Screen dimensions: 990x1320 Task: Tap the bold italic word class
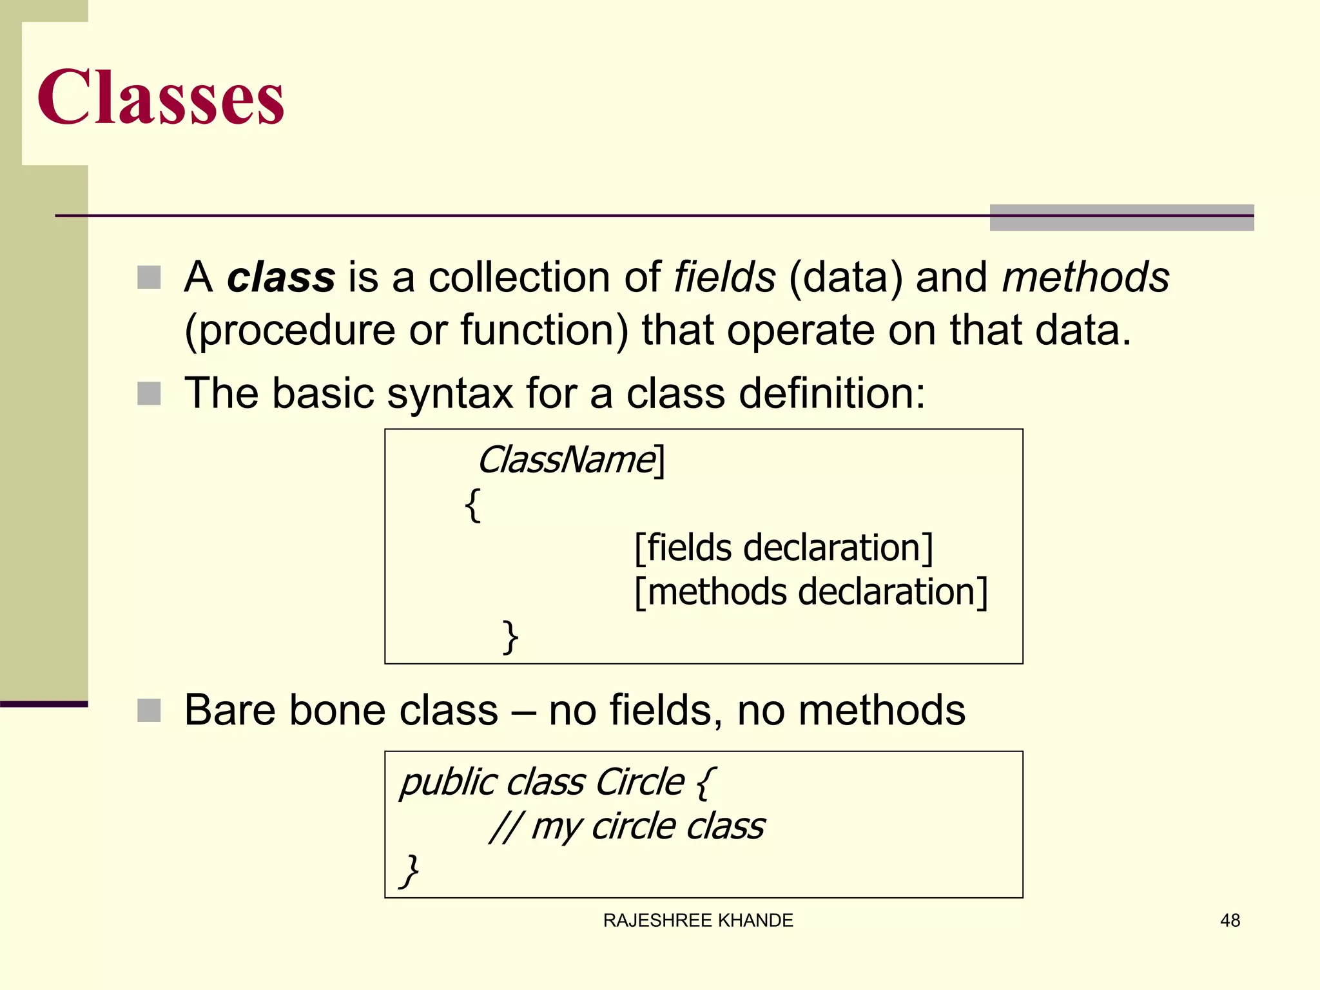coord(281,277)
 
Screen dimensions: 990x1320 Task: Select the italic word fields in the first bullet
coord(724,277)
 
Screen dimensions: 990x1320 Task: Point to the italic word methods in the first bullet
coord(1085,277)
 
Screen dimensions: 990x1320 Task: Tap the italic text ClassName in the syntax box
coord(566,460)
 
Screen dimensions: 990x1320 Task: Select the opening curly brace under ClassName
coord(472,505)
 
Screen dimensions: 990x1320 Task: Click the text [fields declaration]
coord(783,548)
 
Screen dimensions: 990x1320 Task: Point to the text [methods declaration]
coord(811,592)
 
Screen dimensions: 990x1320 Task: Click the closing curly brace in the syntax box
coord(510,637)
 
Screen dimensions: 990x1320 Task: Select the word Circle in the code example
coord(639,782)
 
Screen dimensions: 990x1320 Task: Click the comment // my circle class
coord(626,826)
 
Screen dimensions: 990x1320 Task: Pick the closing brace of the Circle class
coord(409,871)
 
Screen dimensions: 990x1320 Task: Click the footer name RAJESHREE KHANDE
coord(698,920)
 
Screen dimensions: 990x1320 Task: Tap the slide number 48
coord(1230,920)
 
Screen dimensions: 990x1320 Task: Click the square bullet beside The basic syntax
coord(149,394)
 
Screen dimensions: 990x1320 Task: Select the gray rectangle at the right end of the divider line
coord(1121,218)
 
